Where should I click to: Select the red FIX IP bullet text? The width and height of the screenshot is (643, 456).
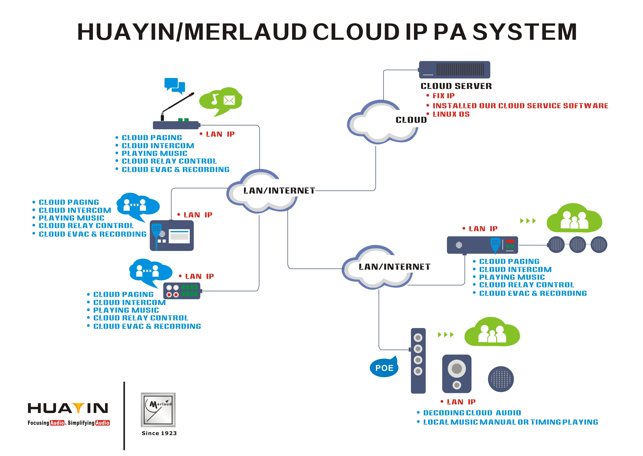(x=443, y=96)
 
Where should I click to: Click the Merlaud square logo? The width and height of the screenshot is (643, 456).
(x=158, y=410)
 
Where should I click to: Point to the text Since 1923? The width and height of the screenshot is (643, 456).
(x=159, y=433)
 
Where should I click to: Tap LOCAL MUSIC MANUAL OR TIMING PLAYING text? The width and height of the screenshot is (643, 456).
(x=510, y=422)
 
